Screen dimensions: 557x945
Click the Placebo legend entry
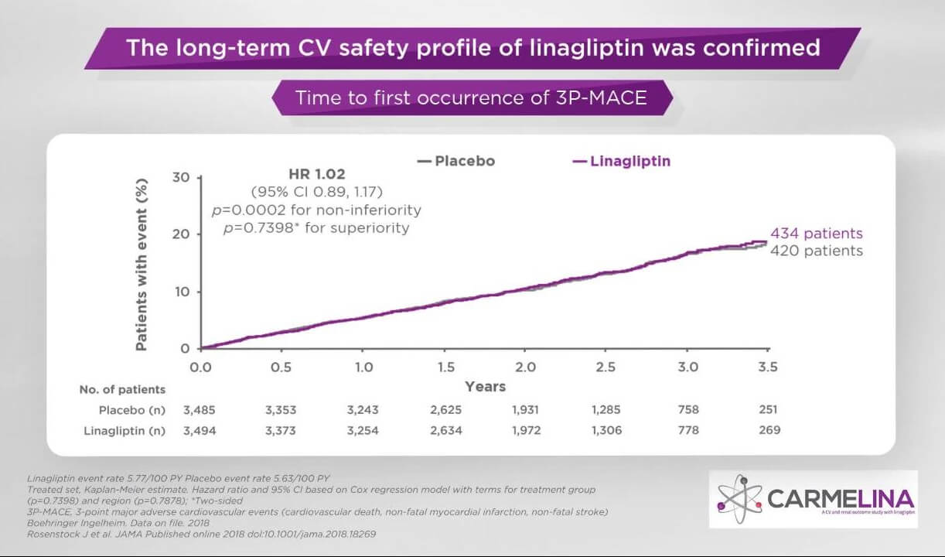(456, 162)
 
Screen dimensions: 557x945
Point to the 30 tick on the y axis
(180, 177)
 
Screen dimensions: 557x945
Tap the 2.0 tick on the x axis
(525, 367)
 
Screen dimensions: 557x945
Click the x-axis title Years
(485, 386)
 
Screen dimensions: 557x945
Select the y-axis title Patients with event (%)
(142, 263)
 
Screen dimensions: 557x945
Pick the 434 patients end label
(816, 234)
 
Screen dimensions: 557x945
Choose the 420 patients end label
(816, 251)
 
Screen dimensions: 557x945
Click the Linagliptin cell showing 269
(769, 430)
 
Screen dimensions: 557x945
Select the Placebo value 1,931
(525, 410)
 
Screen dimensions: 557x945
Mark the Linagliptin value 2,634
(445, 430)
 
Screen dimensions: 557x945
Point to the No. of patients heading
(122, 389)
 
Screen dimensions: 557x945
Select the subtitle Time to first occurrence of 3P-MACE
(471, 98)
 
